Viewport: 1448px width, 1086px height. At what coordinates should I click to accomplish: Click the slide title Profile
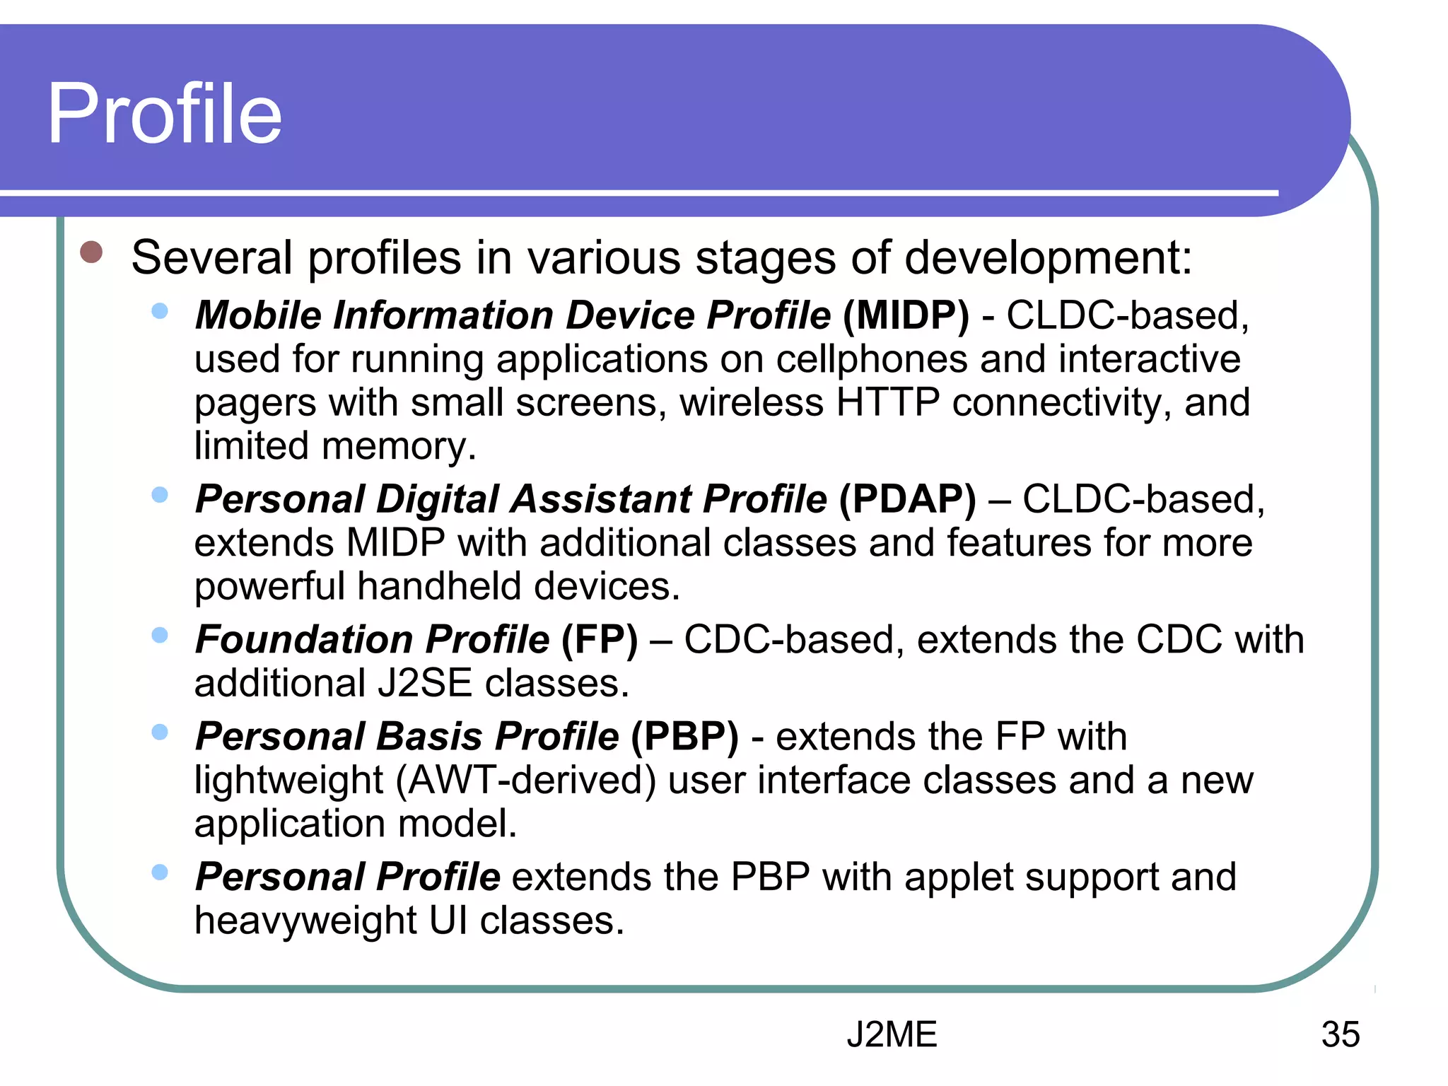164,114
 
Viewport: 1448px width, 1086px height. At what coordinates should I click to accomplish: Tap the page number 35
1340,1034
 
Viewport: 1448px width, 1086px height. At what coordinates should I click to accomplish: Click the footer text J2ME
892,1034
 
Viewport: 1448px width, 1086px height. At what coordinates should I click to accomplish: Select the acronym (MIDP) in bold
906,315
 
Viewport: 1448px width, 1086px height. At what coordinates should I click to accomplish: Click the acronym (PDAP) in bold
907,499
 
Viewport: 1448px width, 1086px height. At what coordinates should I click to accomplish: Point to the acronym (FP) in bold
600,640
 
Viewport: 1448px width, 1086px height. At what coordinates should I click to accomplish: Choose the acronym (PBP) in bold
684,737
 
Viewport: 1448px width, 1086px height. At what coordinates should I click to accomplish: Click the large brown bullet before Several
92,252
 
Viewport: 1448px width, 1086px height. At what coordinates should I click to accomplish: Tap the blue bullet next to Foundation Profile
160,635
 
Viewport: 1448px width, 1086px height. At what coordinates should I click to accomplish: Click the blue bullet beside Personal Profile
160,872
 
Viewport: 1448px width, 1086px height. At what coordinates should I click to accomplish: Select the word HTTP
887,402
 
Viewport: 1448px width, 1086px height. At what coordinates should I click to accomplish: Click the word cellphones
871,359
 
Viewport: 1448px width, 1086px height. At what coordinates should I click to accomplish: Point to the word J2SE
424,684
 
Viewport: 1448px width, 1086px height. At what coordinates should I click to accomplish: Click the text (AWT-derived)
525,781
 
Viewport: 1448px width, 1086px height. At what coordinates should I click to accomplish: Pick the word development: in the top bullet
1049,257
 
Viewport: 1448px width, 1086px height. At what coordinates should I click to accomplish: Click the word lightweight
288,781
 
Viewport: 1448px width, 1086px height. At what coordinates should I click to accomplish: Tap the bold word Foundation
304,640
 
